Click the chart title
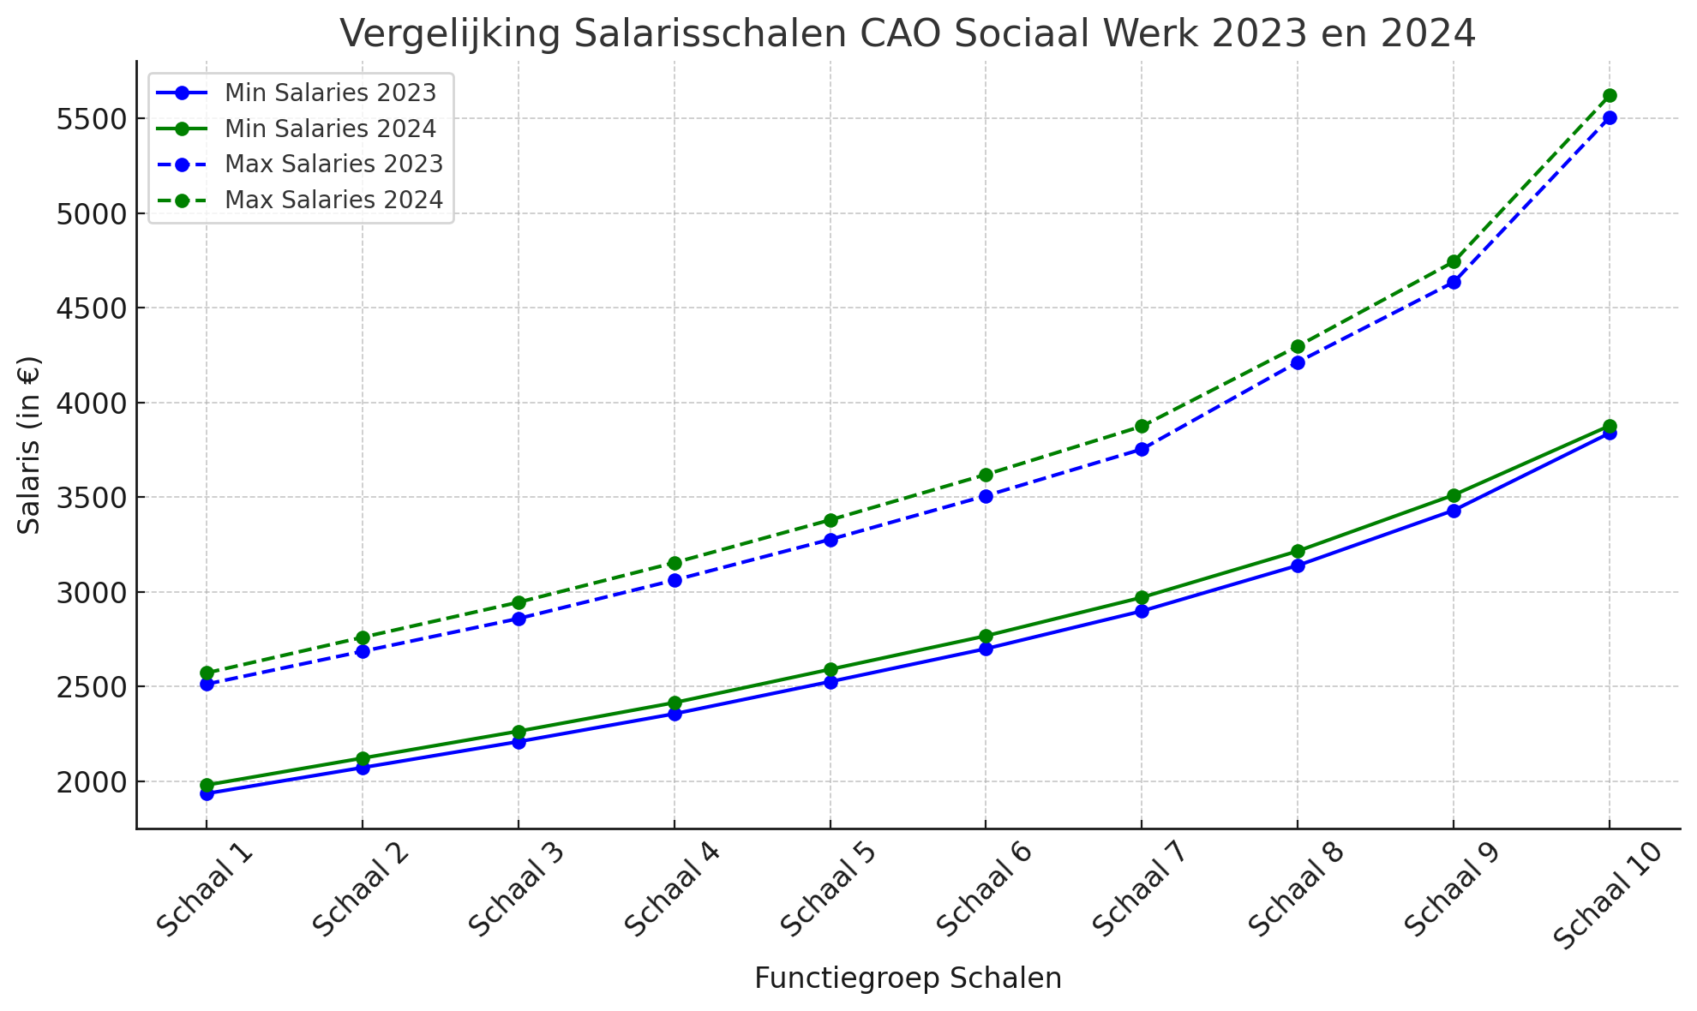point(908,34)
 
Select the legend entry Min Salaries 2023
point(330,93)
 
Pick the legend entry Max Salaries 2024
point(333,200)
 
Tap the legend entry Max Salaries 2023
point(333,165)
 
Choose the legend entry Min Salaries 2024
point(330,129)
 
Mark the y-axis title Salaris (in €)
point(29,445)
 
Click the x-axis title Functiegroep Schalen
point(908,978)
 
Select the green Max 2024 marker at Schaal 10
point(1610,96)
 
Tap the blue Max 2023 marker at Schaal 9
point(1454,282)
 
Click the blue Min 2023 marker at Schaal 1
point(207,794)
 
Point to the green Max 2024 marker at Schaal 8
point(1298,347)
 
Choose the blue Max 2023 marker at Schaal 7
point(1142,449)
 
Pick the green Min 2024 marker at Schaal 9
point(1454,495)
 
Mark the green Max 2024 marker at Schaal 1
point(207,673)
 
